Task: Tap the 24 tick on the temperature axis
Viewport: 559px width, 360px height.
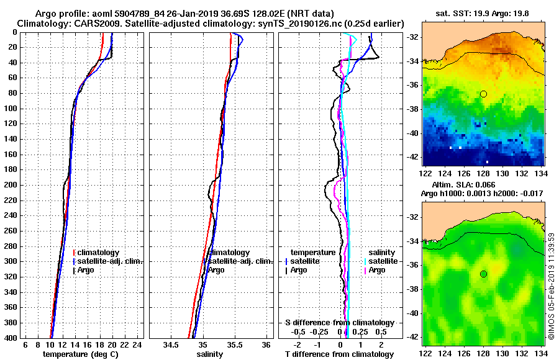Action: coord(139,345)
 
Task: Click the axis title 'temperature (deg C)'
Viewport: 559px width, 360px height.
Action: coord(80,354)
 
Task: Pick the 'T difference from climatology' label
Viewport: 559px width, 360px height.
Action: coord(339,354)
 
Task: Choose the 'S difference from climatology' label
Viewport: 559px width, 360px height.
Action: coord(339,323)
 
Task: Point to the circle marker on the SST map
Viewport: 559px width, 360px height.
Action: coord(483,94)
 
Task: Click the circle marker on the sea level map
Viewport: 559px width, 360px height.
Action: coord(483,274)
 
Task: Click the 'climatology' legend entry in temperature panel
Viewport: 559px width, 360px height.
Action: coord(98,253)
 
